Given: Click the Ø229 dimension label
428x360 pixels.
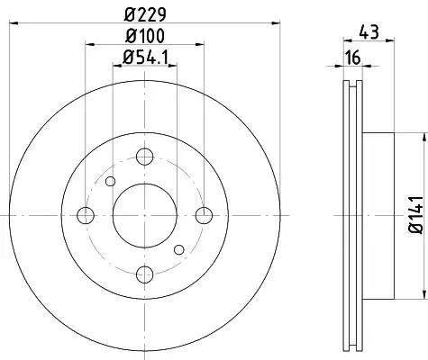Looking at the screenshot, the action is click(145, 14).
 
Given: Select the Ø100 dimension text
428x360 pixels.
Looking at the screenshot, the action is click(145, 36).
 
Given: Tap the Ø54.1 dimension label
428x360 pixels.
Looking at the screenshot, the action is click(146, 57).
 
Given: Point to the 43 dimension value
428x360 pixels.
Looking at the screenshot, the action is click(369, 32).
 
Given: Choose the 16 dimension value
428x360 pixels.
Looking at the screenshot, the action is click(352, 58).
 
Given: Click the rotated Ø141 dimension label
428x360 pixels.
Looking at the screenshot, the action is click(415, 215).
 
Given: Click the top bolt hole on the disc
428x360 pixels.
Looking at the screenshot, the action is click(145, 157).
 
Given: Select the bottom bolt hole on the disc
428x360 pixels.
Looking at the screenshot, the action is click(145, 274).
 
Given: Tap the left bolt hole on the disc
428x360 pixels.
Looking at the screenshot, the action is click(86, 215).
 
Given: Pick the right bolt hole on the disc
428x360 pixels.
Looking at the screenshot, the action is click(204, 215).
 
